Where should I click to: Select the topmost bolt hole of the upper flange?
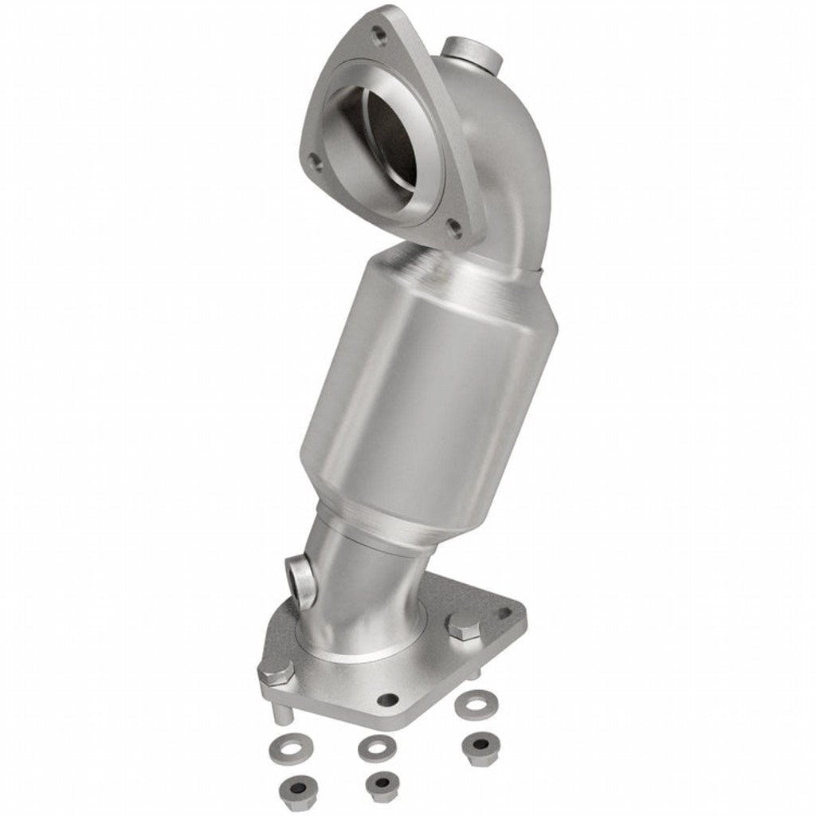click(378, 33)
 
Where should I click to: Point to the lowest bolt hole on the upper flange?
click(454, 229)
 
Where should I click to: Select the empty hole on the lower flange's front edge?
click(388, 700)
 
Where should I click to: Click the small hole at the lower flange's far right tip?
click(504, 614)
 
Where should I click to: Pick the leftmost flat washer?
click(282, 749)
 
